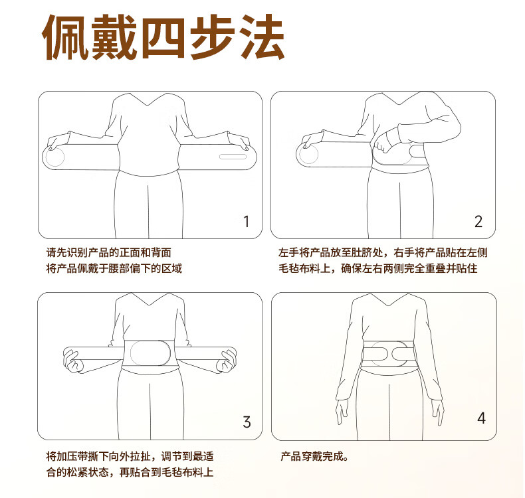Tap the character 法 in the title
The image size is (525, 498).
tap(262, 37)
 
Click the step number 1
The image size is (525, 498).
tap(247, 221)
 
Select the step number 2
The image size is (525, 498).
tap(478, 221)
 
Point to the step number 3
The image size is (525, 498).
tap(247, 422)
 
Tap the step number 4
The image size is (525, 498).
tap(482, 418)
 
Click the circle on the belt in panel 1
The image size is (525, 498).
tap(54, 156)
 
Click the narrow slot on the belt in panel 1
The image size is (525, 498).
tap(233, 157)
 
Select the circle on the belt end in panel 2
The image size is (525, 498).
tap(308, 154)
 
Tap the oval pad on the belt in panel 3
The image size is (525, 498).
tap(150, 353)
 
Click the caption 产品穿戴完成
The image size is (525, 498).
tap(314, 456)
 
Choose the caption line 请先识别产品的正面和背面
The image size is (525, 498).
tap(109, 252)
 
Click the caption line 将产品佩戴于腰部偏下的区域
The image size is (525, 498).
tap(114, 268)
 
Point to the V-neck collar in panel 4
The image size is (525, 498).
tap(389, 299)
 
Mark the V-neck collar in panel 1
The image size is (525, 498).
tap(148, 100)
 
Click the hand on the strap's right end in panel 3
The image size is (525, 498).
tap(227, 361)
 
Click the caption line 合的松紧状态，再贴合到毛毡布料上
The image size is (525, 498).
tap(130, 472)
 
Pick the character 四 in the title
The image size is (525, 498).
tap(164, 37)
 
